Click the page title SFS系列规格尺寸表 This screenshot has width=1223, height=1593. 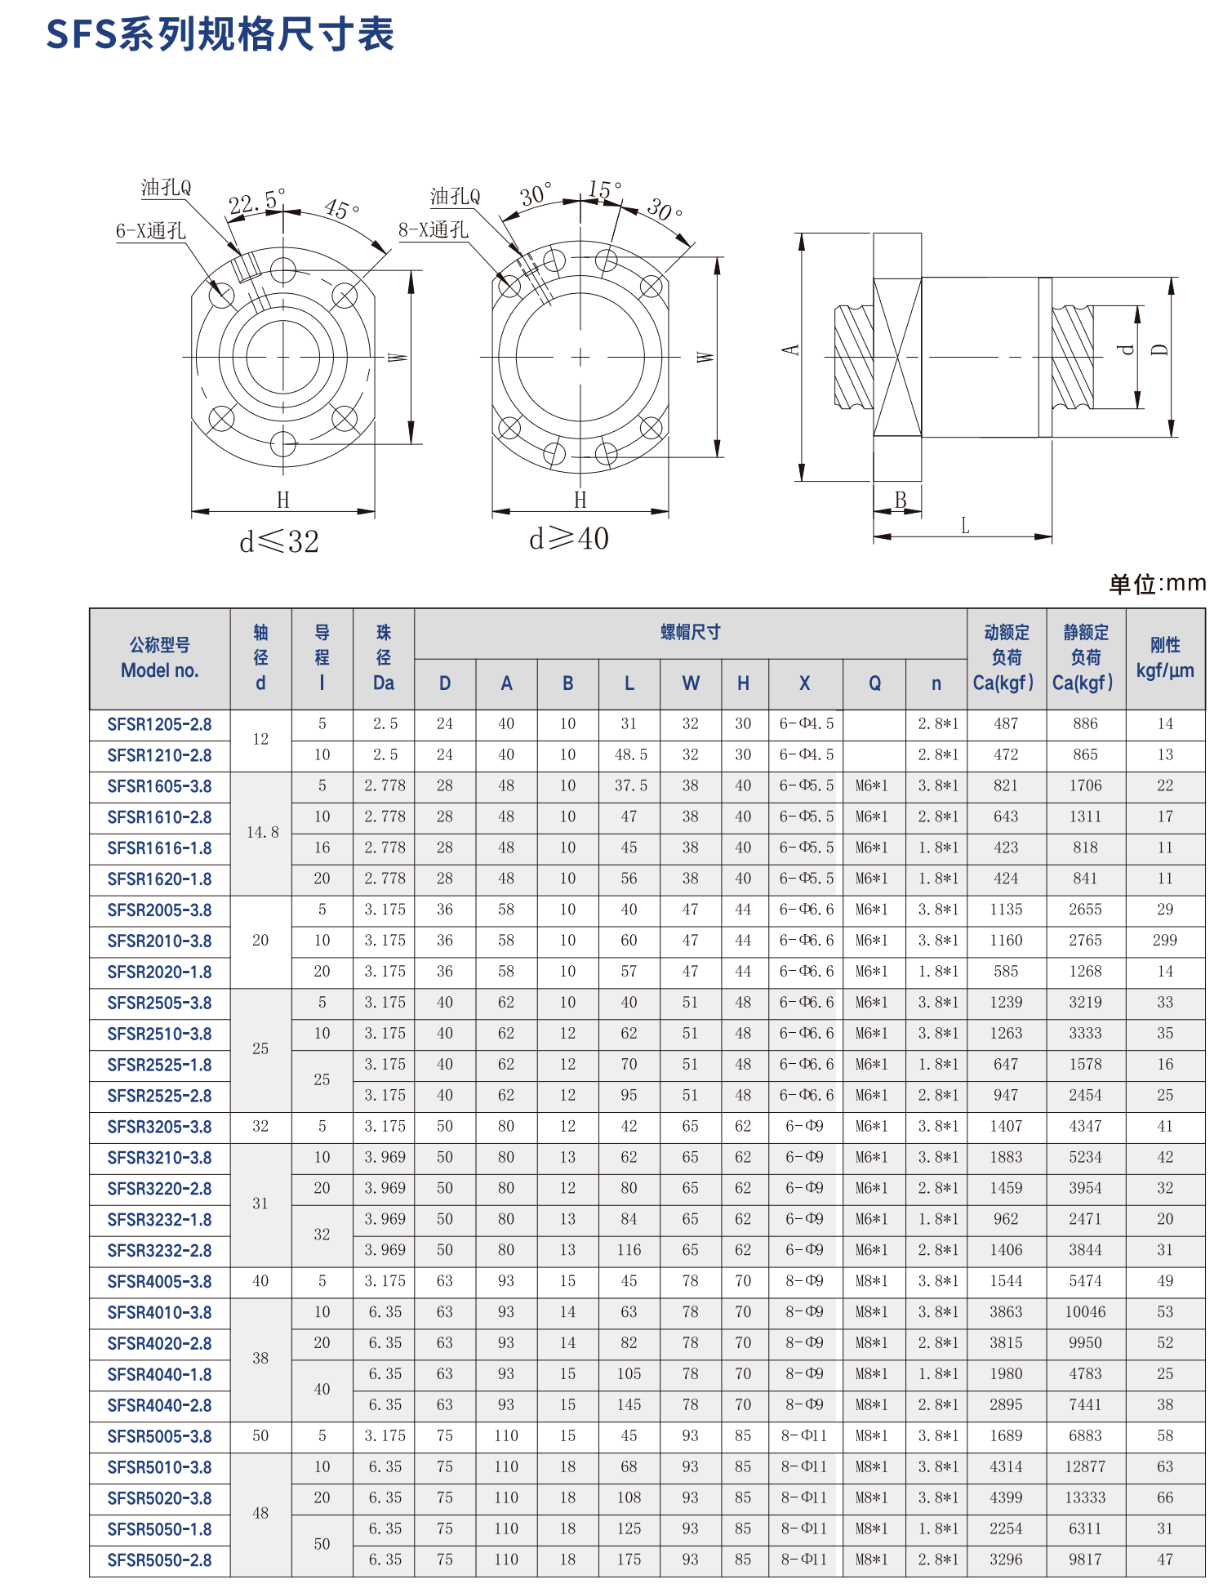click(x=220, y=34)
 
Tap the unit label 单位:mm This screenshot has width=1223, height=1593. click(x=1157, y=584)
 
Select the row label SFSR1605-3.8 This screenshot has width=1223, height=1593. click(x=159, y=786)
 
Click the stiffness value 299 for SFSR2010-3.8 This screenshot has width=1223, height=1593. click(x=1164, y=941)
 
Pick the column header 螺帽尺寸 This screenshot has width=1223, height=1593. click(x=690, y=633)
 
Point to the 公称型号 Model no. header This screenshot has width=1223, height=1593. click(x=160, y=658)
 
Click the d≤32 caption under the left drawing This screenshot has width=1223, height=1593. click(x=279, y=541)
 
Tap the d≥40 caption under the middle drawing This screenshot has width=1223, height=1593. click(x=569, y=539)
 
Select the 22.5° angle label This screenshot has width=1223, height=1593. click(x=256, y=201)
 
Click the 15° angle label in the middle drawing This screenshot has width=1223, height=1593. click(x=604, y=190)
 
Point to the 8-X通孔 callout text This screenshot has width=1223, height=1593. click(x=433, y=230)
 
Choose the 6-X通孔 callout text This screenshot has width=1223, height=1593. click(x=151, y=231)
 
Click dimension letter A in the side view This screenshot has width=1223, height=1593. click(x=789, y=349)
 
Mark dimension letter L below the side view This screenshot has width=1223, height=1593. click(x=965, y=525)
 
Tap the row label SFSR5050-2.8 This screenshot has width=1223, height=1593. click(x=159, y=1560)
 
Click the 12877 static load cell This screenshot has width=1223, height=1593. click(x=1085, y=1467)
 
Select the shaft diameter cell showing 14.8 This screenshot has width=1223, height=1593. click(x=262, y=833)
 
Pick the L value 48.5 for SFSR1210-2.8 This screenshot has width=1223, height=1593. click(x=629, y=755)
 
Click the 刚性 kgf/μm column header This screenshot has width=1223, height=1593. click(x=1165, y=658)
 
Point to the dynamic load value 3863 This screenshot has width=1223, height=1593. click(x=1006, y=1312)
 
